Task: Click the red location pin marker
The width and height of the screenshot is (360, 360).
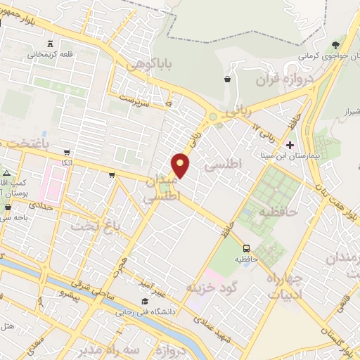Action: (181, 165)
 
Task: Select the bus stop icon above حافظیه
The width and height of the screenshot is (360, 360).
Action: (246, 248)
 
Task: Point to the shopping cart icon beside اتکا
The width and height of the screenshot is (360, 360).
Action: (66, 152)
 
